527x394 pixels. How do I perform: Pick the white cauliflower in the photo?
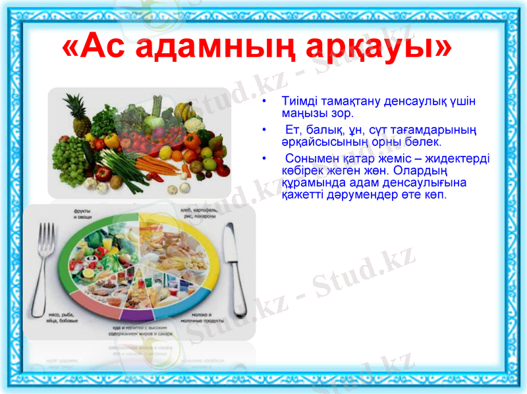coord(193,125)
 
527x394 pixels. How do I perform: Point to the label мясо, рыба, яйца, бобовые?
coord(65,318)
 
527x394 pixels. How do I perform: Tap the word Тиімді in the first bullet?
coord(300,103)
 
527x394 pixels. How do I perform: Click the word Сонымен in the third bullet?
coord(309,159)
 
